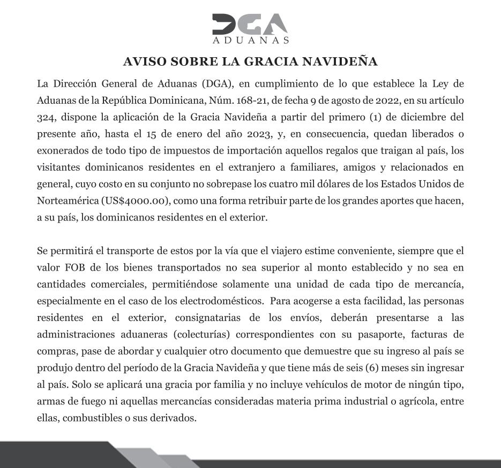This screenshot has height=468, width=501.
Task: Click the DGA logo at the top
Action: (x=250, y=25)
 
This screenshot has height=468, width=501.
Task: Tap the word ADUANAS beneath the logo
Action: (x=250, y=41)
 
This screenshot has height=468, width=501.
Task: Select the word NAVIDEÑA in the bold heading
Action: (x=348, y=62)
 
